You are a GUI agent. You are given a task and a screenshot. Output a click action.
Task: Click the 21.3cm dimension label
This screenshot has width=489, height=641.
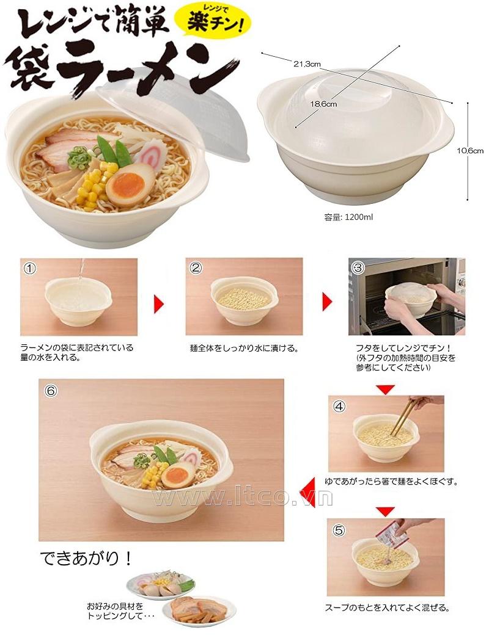click(x=306, y=63)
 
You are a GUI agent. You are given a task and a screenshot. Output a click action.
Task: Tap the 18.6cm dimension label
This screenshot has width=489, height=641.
click(x=323, y=104)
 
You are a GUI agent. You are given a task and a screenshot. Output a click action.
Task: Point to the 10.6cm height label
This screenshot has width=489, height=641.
click(x=470, y=150)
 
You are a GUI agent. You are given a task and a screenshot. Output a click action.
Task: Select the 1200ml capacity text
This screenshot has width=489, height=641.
click(x=348, y=217)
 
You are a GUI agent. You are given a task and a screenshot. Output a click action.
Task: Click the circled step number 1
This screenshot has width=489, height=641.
click(x=30, y=268)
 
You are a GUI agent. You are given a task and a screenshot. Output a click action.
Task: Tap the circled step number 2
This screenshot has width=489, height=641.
click(x=196, y=268)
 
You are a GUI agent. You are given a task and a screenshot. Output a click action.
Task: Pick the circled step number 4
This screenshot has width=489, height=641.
click(x=339, y=407)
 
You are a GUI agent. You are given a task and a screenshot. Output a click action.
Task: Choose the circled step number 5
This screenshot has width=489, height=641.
click(x=339, y=531)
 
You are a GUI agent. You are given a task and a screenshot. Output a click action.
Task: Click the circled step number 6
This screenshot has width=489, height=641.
click(x=50, y=391)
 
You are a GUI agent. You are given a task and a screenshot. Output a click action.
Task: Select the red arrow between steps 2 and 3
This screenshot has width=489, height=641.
click(x=327, y=302)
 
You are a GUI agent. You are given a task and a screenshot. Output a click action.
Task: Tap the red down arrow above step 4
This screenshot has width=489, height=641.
click(x=385, y=389)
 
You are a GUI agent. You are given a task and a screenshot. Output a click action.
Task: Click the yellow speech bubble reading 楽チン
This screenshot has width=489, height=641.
click(x=212, y=21)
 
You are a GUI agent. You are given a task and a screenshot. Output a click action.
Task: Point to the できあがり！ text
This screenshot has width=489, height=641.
click(x=86, y=558)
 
